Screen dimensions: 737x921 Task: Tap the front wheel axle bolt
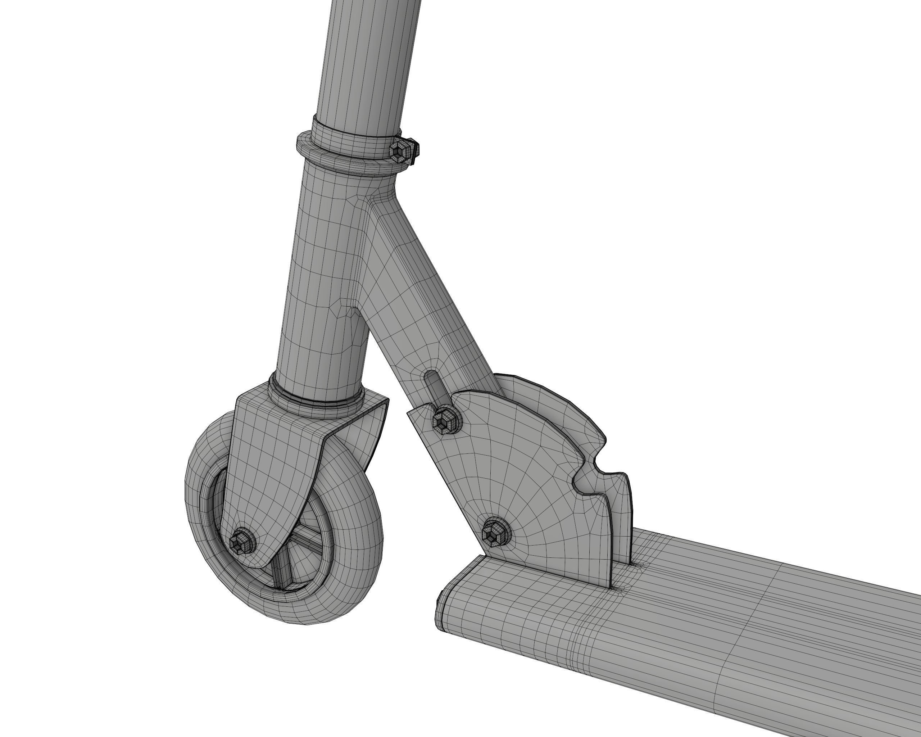[x=241, y=542]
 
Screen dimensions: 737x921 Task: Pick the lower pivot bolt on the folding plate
[x=495, y=533]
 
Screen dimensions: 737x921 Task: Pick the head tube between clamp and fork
[x=325, y=278]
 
